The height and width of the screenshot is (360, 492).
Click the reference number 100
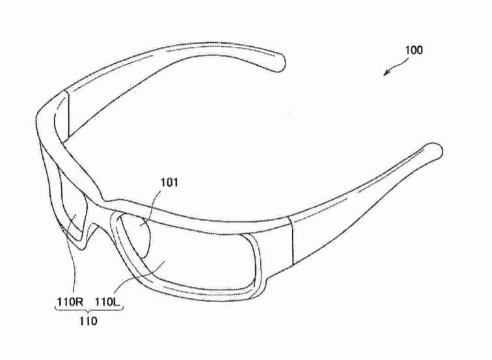click(414, 50)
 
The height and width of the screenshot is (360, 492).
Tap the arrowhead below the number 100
click(387, 72)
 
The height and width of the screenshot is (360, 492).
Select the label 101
click(169, 182)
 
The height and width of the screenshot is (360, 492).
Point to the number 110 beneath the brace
click(88, 321)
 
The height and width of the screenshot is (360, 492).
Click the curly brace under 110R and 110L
click(89, 310)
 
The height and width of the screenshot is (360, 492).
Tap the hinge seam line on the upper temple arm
click(68, 114)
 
